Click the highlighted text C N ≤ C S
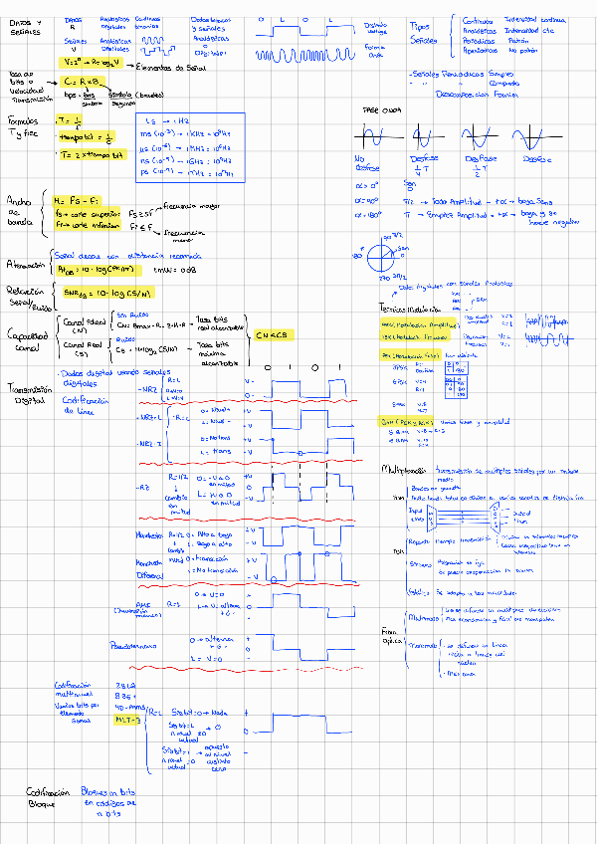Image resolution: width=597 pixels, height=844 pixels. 272,335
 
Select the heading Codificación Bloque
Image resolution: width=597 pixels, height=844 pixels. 45,795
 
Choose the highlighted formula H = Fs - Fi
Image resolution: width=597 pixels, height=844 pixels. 78,200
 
